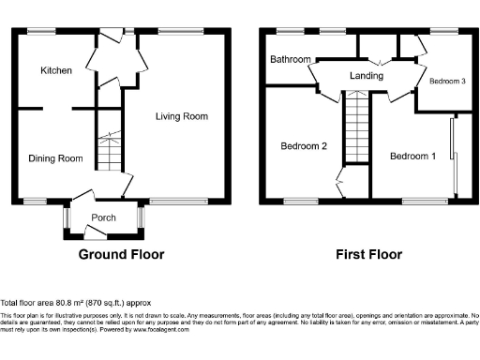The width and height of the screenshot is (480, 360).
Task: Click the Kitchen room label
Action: (55, 71)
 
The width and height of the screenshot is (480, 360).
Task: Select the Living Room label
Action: (182, 116)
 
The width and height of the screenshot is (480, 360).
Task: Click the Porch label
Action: (103, 217)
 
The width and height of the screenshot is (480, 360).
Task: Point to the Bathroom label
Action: (291, 60)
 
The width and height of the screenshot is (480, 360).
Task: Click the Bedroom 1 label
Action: (413, 156)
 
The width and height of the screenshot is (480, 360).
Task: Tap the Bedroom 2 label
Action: (304, 146)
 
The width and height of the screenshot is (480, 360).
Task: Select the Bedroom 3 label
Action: (447, 82)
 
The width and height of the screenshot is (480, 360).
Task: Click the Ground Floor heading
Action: (121, 254)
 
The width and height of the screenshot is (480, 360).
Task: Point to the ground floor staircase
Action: (110, 151)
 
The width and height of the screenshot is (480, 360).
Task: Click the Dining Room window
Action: (37, 200)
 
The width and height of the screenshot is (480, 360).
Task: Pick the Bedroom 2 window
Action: (300, 200)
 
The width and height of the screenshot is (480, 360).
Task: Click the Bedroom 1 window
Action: (417, 200)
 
